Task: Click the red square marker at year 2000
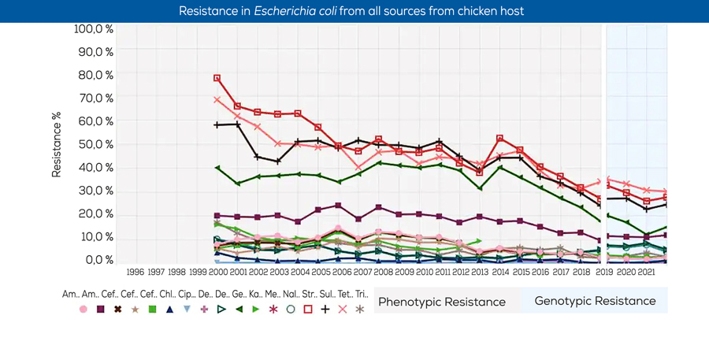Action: pos(217,79)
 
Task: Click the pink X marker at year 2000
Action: pos(217,100)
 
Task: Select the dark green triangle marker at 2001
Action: pos(238,184)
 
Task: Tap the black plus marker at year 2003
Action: pos(278,161)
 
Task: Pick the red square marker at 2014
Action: pos(499,139)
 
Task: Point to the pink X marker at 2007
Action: pos(358,168)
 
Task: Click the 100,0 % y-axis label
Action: pos(94,29)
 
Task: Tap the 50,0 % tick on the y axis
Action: pos(97,145)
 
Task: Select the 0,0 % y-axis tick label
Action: pos(99,260)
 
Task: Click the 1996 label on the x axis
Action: pos(135,273)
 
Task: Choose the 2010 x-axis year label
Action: pos(424,273)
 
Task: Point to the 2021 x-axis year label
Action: pos(646,273)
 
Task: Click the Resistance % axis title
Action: pos(57,144)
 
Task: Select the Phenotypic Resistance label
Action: pos(442,302)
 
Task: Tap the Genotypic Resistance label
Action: pos(595,301)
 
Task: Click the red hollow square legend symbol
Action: pos(308,310)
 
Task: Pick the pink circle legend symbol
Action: pos(84,310)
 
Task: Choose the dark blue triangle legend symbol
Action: pos(169,310)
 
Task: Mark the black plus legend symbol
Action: pos(325,310)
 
